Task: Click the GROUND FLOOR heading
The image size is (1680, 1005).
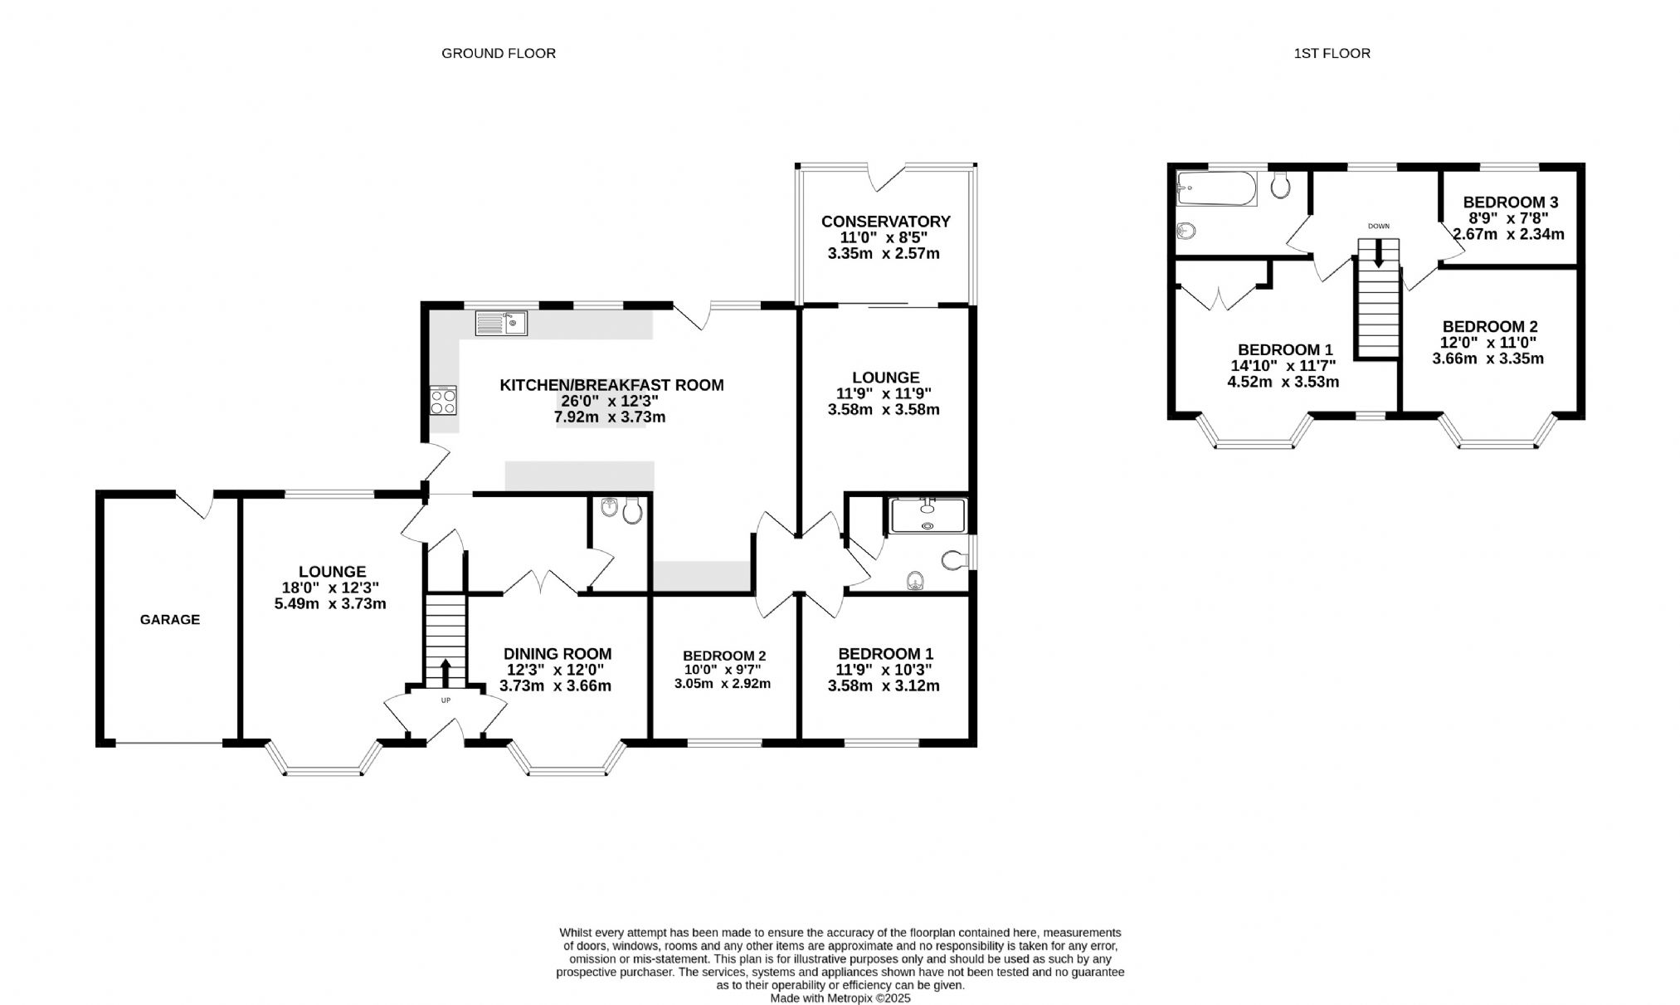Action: coord(499,53)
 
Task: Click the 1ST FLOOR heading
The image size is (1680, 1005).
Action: coord(1332,53)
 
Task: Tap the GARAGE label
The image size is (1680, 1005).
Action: coord(170,619)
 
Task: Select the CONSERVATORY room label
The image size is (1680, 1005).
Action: coord(885,222)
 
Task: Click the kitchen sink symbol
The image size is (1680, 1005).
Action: coord(501,323)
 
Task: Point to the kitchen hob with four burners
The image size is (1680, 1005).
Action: coord(443,402)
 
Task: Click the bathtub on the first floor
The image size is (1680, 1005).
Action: coord(1217,188)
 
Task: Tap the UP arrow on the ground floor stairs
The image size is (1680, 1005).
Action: coord(446,673)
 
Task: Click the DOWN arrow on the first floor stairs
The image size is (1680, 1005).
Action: coord(1379,253)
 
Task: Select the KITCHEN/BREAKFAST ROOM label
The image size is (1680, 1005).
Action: coord(611,385)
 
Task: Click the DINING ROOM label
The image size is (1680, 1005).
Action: coord(558,654)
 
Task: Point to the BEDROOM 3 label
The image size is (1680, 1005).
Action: coord(1511,202)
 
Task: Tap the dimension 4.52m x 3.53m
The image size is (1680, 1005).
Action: coord(1283,382)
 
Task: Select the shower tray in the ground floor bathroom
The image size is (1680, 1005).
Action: coord(928,515)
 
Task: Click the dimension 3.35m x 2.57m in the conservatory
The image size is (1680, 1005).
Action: coord(884,253)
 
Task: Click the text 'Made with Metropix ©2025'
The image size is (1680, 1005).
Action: coord(840,998)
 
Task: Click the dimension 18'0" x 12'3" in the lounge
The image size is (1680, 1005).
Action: coord(330,588)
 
